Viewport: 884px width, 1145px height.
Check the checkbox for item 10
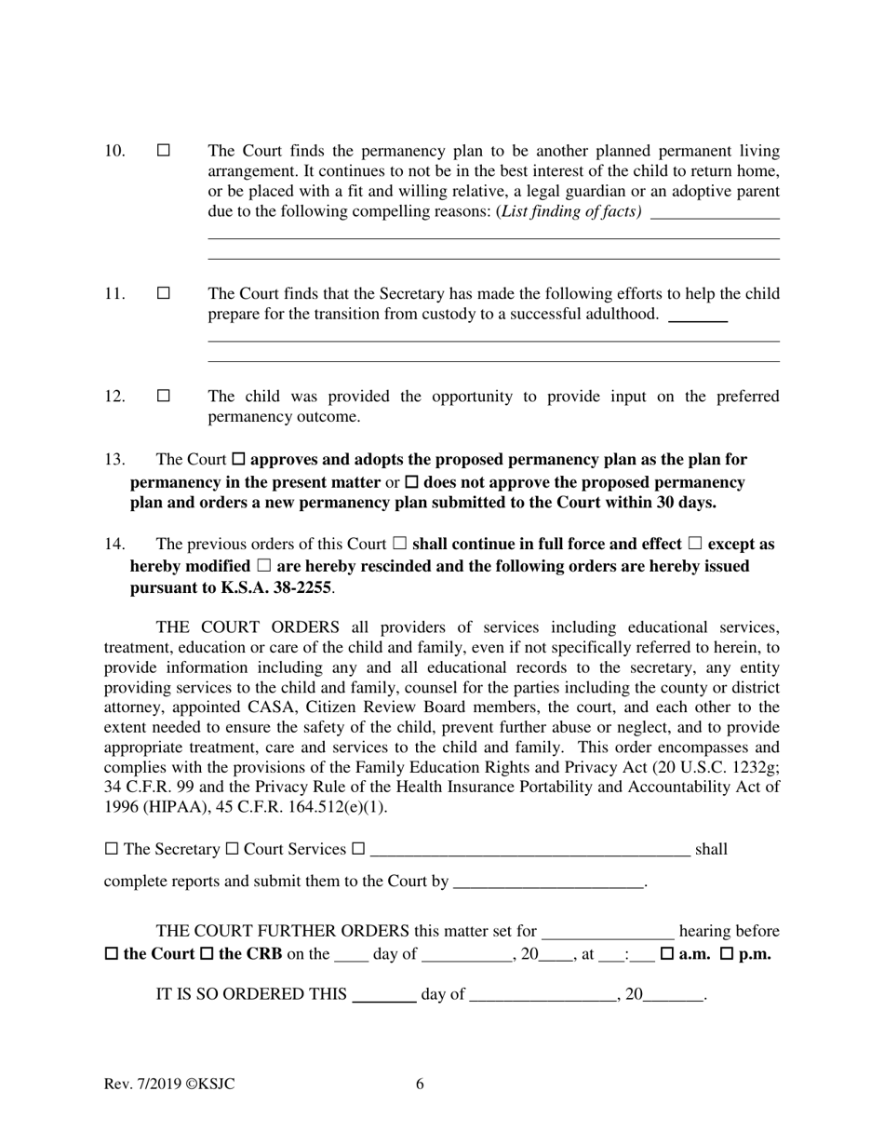pyautogui.click(x=164, y=150)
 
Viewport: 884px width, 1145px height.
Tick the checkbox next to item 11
pyautogui.click(x=164, y=293)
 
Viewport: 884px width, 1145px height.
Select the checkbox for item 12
pyautogui.click(x=164, y=396)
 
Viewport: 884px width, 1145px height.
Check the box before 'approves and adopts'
pyautogui.click(x=238, y=460)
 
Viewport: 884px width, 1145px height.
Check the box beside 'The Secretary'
pyautogui.click(x=112, y=849)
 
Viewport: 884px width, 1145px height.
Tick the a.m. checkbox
pyautogui.click(x=666, y=954)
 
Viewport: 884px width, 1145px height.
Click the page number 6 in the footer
pyautogui.click(x=420, y=1084)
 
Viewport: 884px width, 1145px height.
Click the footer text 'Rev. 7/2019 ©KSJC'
pyautogui.click(x=169, y=1084)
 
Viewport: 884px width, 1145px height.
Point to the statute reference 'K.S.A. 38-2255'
pyautogui.click(x=276, y=588)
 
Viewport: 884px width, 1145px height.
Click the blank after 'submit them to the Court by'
pyautogui.click(x=548, y=882)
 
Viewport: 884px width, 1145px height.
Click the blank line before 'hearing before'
pyautogui.click(x=608, y=932)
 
